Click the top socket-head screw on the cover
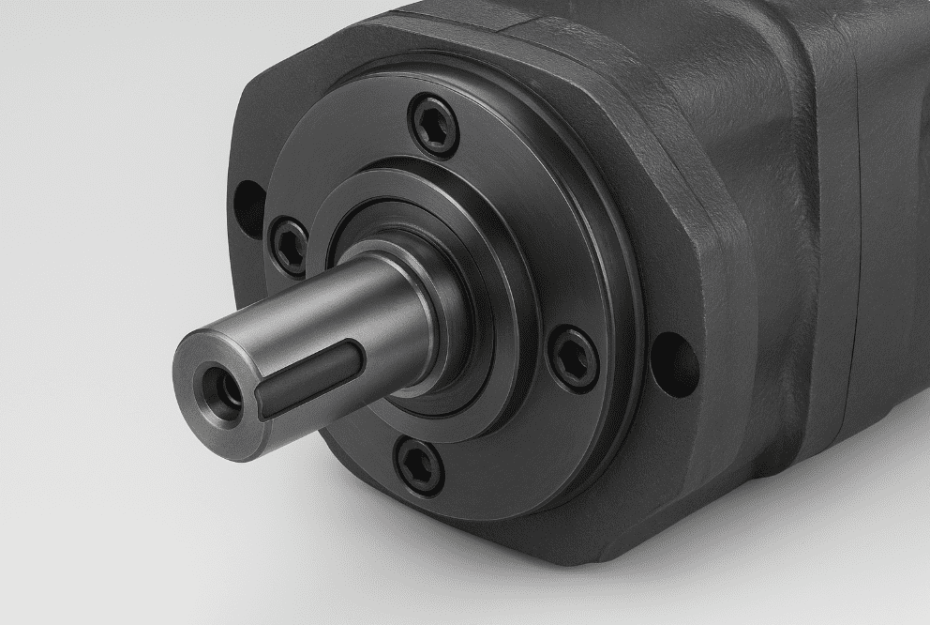[x=435, y=127]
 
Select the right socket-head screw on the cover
[x=572, y=358]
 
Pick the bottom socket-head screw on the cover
[x=419, y=465]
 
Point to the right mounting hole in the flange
[x=674, y=364]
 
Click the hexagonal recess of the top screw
[x=435, y=127]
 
